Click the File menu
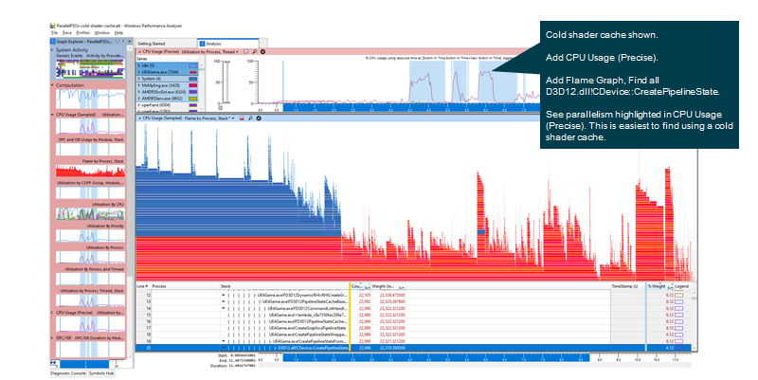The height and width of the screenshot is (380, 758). click(55, 33)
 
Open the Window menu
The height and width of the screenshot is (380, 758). click(101, 33)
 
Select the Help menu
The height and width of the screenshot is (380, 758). click(118, 33)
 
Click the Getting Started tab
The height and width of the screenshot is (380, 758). click(152, 44)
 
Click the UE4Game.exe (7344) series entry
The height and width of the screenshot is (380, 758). click(162, 71)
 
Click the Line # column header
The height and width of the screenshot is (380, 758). click(142, 284)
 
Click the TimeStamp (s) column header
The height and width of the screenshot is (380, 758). click(622, 284)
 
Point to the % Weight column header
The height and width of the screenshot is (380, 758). click(657, 284)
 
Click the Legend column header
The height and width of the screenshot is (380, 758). click(682, 284)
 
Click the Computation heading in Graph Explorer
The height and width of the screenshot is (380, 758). click(70, 85)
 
